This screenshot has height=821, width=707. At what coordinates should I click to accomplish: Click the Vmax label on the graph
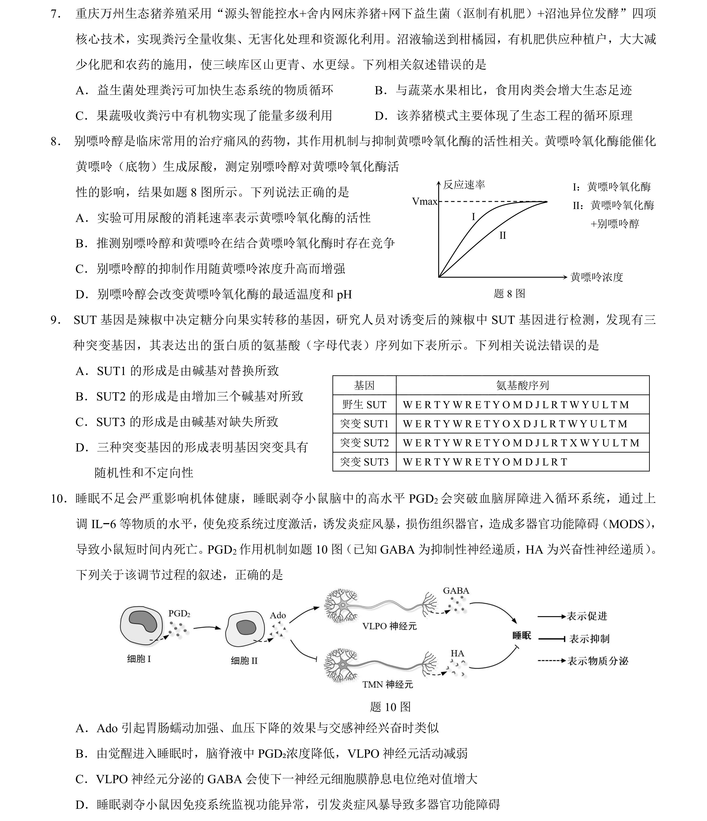(424, 202)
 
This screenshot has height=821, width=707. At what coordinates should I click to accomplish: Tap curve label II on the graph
(502, 235)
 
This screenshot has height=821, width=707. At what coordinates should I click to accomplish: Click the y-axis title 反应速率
(464, 185)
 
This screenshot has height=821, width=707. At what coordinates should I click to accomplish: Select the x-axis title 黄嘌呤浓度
(597, 277)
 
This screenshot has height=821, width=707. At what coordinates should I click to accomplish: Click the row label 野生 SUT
(364, 404)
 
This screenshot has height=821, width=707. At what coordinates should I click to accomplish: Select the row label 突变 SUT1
(364, 424)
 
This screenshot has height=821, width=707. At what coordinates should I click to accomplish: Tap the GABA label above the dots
(456, 590)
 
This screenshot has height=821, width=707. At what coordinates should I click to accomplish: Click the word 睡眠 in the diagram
(522, 636)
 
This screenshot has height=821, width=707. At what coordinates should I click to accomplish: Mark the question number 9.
(55, 320)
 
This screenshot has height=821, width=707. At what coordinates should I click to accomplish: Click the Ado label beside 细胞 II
(277, 615)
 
